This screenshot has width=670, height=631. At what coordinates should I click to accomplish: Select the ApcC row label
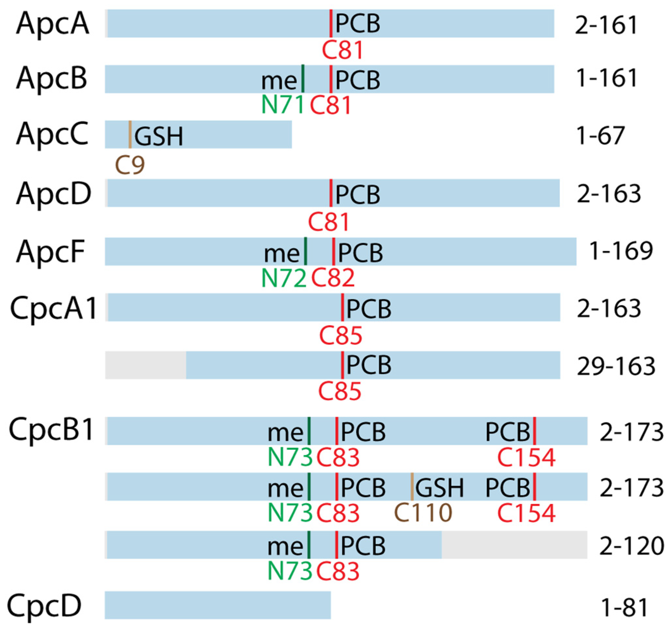(x=52, y=135)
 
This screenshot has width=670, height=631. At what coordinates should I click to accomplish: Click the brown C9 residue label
(x=130, y=165)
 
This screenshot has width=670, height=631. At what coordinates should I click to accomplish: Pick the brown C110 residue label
(x=423, y=512)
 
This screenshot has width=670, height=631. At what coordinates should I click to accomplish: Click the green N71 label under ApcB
(x=282, y=105)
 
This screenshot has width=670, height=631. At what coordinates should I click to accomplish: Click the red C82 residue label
(x=333, y=278)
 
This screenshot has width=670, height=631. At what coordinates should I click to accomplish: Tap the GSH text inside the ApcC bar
(x=158, y=136)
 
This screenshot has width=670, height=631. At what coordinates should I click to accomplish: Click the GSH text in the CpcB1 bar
(x=439, y=488)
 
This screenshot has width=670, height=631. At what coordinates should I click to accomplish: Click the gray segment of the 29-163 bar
(x=146, y=365)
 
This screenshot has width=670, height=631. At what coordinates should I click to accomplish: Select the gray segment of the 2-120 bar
(x=514, y=545)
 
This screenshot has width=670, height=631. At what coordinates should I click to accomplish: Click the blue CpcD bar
(x=217, y=605)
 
